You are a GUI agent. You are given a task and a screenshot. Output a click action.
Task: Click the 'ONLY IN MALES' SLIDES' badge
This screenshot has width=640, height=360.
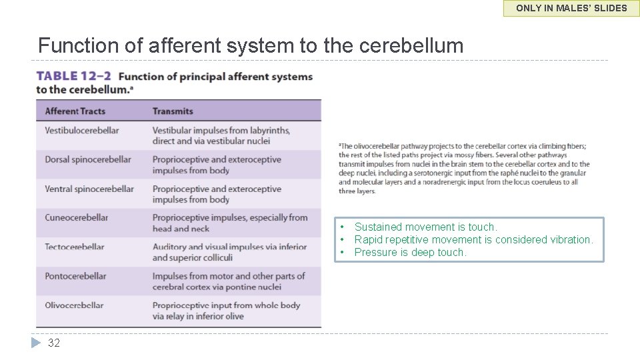(571, 8)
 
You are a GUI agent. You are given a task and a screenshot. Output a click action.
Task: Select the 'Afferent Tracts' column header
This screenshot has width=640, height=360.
(75, 111)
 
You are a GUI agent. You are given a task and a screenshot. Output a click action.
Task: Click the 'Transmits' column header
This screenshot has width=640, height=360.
(173, 111)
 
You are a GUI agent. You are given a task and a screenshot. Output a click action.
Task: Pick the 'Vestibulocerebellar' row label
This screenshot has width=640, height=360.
(82, 131)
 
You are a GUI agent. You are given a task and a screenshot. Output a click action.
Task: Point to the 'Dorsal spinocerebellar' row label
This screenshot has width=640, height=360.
(88, 160)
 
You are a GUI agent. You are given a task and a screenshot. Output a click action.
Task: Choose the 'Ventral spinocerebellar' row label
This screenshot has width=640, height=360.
(89, 189)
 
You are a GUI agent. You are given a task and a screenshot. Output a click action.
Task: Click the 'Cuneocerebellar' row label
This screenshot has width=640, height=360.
(76, 218)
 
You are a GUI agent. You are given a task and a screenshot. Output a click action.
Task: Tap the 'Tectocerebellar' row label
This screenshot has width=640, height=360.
(75, 247)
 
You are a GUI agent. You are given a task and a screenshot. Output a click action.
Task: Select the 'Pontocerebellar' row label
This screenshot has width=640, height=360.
(75, 276)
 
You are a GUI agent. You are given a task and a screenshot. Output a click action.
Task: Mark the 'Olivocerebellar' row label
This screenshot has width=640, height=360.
(74, 305)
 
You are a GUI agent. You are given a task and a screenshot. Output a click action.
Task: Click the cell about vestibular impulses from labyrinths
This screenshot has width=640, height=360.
(221, 136)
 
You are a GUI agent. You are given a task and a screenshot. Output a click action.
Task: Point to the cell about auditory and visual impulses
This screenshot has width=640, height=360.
(229, 252)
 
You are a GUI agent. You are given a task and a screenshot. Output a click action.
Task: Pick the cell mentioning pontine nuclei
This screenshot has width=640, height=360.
(228, 281)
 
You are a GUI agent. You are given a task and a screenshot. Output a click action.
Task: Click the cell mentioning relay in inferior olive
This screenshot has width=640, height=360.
(226, 311)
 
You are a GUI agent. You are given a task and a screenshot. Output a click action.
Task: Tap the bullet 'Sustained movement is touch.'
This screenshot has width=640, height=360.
(425, 227)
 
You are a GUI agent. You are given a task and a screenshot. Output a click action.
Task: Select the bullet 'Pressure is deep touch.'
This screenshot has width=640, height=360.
(410, 253)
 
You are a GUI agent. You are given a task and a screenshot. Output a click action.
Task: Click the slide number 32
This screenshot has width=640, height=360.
(54, 343)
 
